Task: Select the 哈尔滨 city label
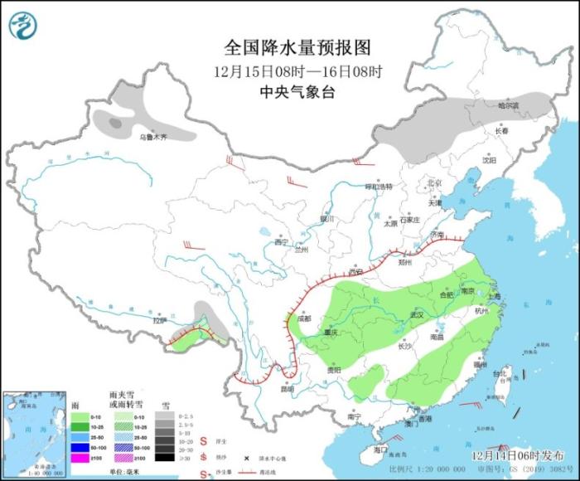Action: click(507, 106)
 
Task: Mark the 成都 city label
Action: click(303, 318)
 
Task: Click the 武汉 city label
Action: click(415, 315)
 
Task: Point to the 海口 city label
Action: click(380, 449)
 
